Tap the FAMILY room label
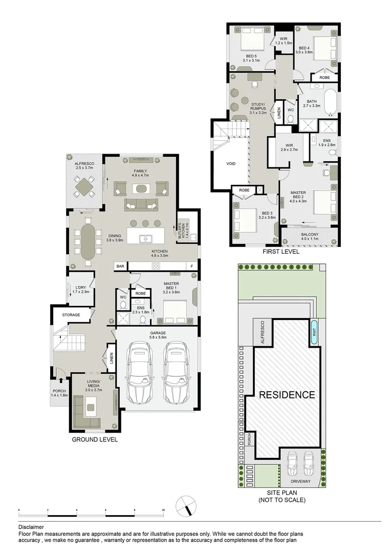(x=140, y=171)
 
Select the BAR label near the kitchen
(x=120, y=266)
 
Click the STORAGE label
(x=71, y=315)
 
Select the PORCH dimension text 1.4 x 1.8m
(x=60, y=395)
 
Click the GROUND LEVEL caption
(x=95, y=439)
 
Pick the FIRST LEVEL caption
(x=280, y=252)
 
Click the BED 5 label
(x=251, y=56)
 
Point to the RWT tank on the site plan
(x=314, y=332)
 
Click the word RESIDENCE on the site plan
(x=286, y=395)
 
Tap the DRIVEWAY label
(x=301, y=482)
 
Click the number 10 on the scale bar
(x=163, y=511)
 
